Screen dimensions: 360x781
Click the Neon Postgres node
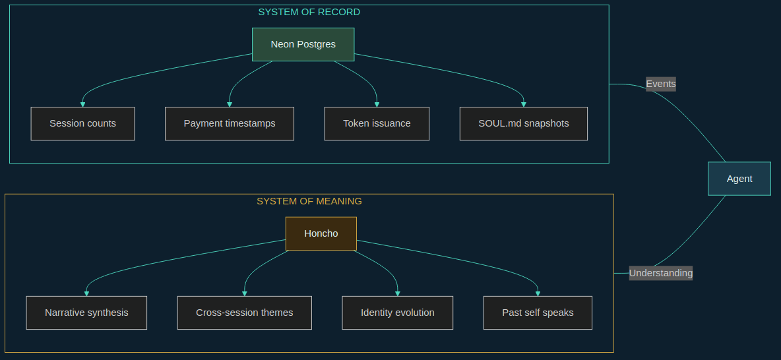[303, 44]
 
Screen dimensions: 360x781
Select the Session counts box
[82, 123]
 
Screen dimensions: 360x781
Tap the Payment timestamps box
[230, 123]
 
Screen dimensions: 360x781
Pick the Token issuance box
[377, 123]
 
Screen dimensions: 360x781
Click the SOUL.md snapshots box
[524, 123]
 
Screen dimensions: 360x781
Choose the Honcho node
[321, 233]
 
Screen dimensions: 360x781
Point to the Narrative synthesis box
[86, 313]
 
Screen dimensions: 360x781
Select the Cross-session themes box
[245, 313]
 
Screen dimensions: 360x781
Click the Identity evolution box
[398, 313]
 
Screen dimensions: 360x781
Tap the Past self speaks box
[538, 313]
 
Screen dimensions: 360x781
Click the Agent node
[739, 179]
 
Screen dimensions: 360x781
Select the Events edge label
[660, 84]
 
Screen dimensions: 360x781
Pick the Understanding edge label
[660, 273]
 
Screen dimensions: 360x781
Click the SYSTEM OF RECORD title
[309, 12]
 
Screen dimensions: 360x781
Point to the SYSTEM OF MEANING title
[309, 201]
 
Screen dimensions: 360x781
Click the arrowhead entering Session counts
[82, 104]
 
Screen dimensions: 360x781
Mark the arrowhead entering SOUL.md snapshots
[524, 104]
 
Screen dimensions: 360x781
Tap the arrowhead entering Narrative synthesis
[86, 293]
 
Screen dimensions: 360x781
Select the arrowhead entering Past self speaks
[538, 293]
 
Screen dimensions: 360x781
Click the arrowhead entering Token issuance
[377, 104]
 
